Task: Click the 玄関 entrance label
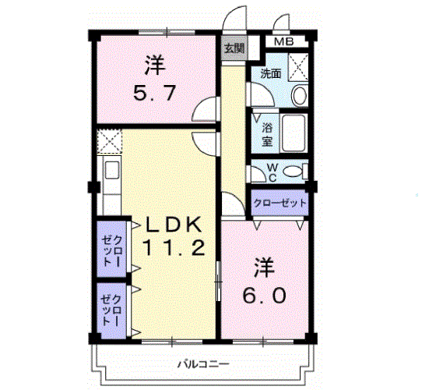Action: click(234, 48)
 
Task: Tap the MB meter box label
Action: click(283, 42)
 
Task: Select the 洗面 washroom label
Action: click(271, 74)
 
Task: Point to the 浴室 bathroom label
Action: click(267, 135)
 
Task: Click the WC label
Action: click(272, 172)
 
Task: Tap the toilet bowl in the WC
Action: click(292, 171)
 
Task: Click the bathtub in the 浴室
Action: click(294, 133)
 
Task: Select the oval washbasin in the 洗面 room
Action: click(299, 95)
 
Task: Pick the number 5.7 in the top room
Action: click(155, 93)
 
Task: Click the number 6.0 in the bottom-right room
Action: click(264, 296)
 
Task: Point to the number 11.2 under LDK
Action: click(174, 248)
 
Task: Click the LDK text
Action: click(174, 225)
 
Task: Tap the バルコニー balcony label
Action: click(204, 363)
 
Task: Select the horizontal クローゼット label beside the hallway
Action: click(280, 203)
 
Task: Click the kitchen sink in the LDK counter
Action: click(112, 170)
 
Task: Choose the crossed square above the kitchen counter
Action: click(110, 141)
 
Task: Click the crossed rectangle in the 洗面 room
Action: click(298, 67)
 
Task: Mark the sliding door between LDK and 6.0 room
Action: click(219, 281)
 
